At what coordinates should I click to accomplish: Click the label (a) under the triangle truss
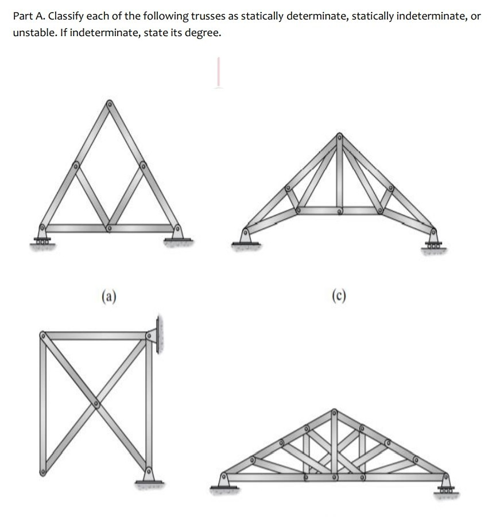coord(109,296)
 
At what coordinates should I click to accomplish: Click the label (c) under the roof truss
coord(339,296)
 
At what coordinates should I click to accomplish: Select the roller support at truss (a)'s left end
coord(42,235)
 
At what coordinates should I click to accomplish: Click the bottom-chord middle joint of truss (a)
coord(108,228)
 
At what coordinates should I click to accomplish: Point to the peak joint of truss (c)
coord(339,137)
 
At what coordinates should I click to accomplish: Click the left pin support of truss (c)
coord(246,237)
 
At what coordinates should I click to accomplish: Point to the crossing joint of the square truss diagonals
coord(96,404)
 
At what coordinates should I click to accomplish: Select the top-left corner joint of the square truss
coord(42,333)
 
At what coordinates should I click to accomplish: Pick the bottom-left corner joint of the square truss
coord(42,472)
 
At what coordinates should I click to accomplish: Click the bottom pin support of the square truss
coord(149,476)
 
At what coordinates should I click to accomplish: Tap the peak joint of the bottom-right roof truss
coord(335,411)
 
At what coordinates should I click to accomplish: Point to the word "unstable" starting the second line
coord(30,33)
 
